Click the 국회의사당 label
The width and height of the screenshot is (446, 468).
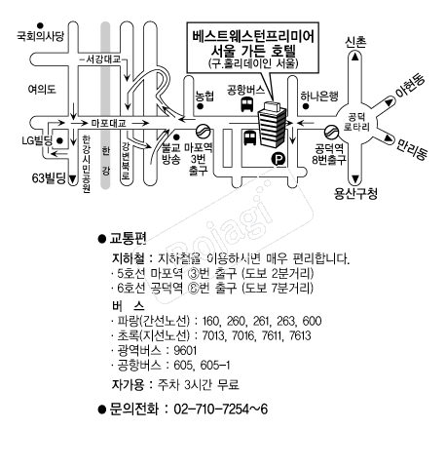pyautogui.click(x=41, y=36)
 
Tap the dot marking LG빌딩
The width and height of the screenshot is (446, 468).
pyautogui.click(x=59, y=140)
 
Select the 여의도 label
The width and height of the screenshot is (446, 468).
pyautogui.click(x=42, y=89)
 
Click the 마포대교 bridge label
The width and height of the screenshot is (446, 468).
pyautogui.click(x=108, y=123)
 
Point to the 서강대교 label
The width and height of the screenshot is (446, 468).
pyautogui.click(x=103, y=59)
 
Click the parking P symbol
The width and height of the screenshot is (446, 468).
pyautogui.click(x=279, y=159)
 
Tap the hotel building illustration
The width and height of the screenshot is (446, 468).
pyautogui.click(x=272, y=124)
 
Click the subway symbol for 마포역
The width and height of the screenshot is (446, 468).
pyautogui.click(x=204, y=132)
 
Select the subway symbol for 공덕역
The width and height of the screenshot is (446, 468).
pyautogui.click(x=331, y=132)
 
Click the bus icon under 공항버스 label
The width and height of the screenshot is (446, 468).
pyautogui.click(x=247, y=104)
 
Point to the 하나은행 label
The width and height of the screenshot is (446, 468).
pyautogui.click(x=319, y=96)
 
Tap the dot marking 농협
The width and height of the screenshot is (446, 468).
pyautogui.click(x=201, y=106)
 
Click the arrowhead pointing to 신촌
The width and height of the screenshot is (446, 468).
pyautogui.click(x=355, y=57)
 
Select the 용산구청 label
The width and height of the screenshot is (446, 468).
pyautogui.click(x=355, y=194)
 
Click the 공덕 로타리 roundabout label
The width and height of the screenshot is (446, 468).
pyautogui.click(x=356, y=122)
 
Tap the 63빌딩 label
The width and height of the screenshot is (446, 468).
pyautogui.click(x=49, y=178)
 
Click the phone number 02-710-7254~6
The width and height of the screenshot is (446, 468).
pyautogui.click(x=221, y=409)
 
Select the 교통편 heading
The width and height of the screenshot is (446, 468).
pyautogui.click(x=128, y=238)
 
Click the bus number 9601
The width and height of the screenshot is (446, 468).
pyautogui.click(x=185, y=351)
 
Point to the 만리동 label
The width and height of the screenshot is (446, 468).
pyautogui.click(x=411, y=149)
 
